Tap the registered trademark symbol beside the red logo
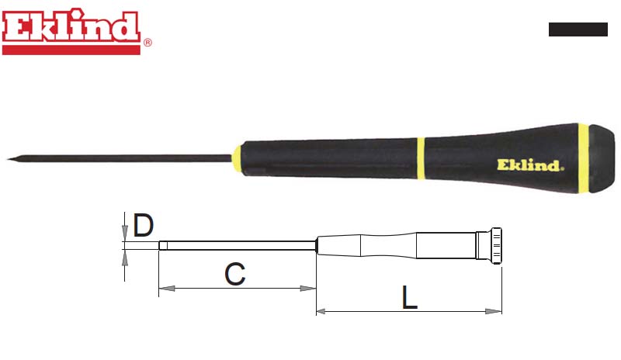(147, 43)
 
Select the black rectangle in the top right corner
(578, 29)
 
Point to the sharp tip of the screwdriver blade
(8, 159)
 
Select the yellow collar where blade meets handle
(237, 159)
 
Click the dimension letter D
(143, 225)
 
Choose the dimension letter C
(235, 274)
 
